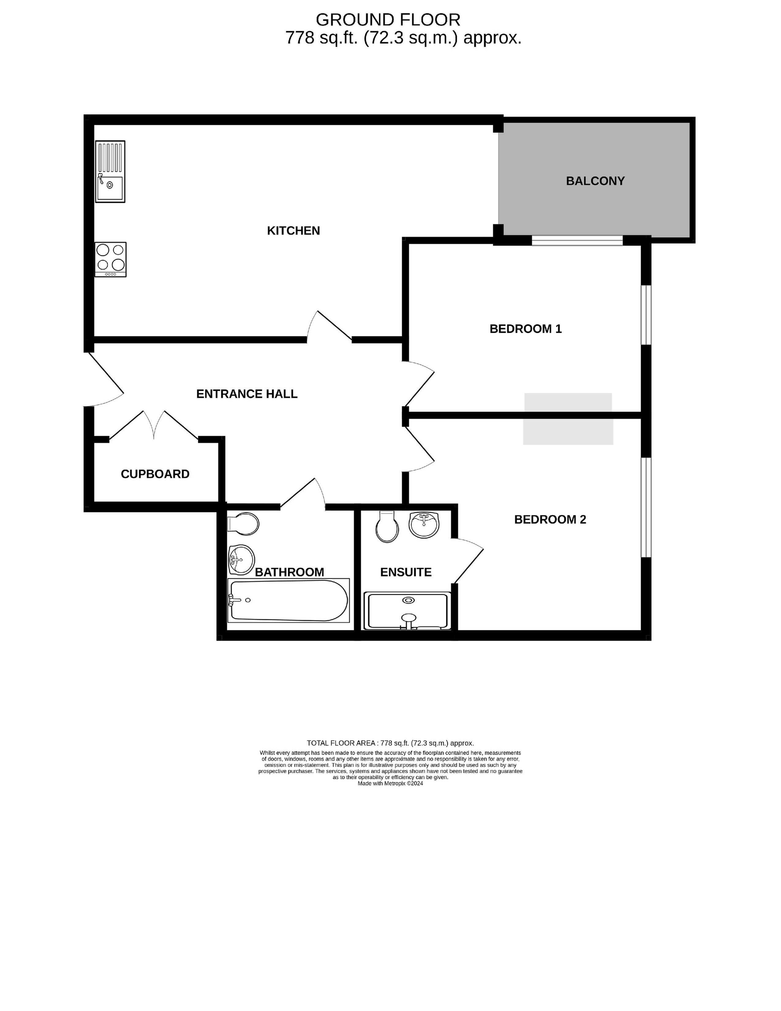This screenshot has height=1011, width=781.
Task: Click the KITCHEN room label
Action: [x=293, y=230]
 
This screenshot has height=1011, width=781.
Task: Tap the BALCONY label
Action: [x=595, y=181]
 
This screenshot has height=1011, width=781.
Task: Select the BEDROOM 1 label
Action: [x=526, y=329]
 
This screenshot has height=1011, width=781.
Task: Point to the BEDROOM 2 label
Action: [x=550, y=519]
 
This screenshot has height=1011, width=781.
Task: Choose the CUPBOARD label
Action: [x=155, y=474]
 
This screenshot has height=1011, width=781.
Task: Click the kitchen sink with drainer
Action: [x=110, y=171]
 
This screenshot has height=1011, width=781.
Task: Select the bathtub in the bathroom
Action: [x=289, y=600]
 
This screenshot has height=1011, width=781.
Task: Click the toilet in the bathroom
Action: [x=243, y=524]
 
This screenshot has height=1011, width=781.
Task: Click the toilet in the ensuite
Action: [x=387, y=526]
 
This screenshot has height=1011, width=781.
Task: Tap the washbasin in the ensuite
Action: [x=423, y=525]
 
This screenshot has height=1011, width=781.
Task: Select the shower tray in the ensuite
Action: [x=407, y=611]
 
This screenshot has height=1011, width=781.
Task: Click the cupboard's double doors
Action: [x=154, y=425]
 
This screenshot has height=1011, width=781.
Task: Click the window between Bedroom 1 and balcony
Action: [x=577, y=240]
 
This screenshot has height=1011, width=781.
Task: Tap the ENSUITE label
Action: [x=406, y=572]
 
